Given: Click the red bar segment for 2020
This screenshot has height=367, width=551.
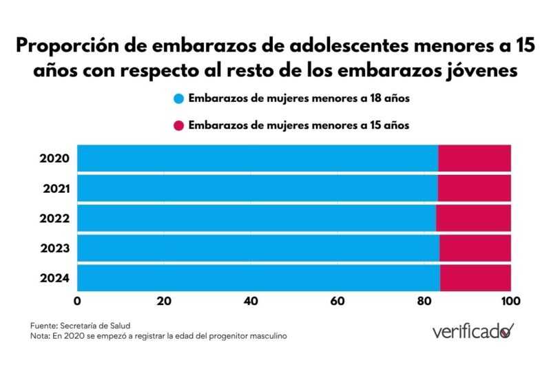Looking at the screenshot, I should pos(475,158).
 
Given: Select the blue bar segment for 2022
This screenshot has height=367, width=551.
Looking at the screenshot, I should pos(256,218).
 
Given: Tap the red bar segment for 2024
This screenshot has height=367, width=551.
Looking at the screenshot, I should pos(475,277).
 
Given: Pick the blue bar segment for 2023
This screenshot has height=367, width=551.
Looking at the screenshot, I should pos(258,248).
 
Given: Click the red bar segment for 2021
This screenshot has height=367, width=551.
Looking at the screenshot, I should pos(474,188).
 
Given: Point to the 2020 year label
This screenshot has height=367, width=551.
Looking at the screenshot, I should pos(54,158).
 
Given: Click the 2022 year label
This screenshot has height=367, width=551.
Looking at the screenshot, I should pos(54,218).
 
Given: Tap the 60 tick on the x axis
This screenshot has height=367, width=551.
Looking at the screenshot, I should pos(337,301).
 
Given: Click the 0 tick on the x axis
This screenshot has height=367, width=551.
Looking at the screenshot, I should pos(77,301).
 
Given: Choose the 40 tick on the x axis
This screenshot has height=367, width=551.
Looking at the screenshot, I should pos(251,301).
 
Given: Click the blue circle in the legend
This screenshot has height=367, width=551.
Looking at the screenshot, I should pos(179,98).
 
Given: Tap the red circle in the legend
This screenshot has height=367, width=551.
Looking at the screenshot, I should pos(179,125).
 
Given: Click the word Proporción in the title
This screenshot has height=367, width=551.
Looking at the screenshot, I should pos(65,46).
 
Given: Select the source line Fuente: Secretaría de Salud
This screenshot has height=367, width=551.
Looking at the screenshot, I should pos(80,325).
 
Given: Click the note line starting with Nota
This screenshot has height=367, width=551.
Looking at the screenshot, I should pos(158,336).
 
